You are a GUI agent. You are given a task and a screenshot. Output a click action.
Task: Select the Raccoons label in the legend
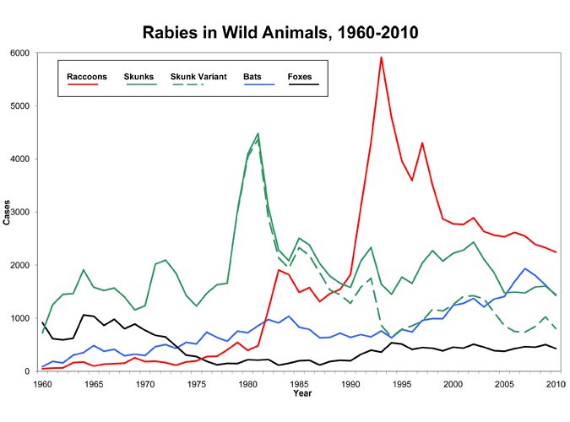coord(86,77)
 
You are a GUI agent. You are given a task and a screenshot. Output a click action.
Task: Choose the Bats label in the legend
coord(252,77)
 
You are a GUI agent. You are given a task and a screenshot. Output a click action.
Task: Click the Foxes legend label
coord(299,77)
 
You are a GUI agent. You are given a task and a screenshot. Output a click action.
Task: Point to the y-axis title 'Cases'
coord(8,213)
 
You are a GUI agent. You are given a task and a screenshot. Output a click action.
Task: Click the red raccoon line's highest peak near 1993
coord(382,57)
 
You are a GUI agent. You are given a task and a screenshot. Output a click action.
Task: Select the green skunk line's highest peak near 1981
coord(258,133)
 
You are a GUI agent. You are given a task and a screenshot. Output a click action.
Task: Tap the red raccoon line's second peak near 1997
coord(422,143)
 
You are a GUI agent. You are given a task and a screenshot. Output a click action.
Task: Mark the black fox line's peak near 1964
coord(84,315)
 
